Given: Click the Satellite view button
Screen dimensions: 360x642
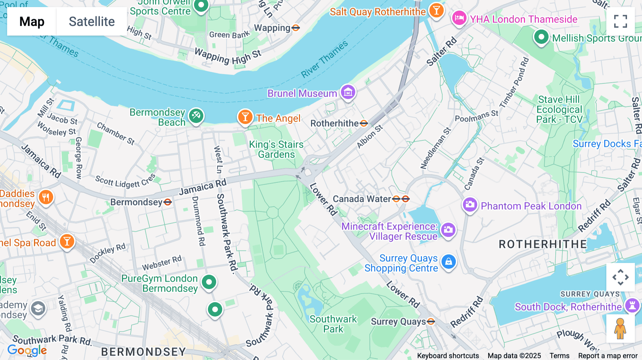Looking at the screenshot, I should [92, 21].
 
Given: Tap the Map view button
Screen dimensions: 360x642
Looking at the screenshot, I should [32, 21].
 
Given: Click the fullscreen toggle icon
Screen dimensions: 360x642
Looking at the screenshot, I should [620, 21].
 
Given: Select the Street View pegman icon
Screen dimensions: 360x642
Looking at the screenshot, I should [620, 328].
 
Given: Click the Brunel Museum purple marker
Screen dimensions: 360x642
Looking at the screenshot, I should [348, 92].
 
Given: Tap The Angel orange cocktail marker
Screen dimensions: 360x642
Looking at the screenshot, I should [245, 117].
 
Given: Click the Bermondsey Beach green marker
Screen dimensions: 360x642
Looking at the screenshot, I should [196, 116].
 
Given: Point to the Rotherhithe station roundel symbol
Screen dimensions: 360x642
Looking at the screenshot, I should [364, 124].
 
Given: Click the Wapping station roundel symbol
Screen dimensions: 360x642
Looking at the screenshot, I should [296, 28].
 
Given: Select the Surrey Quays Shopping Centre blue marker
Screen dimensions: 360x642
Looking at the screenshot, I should [449, 262].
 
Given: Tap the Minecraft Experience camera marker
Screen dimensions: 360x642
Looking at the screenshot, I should [448, 230].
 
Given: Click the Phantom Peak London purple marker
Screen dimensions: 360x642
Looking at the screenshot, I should [470, 205].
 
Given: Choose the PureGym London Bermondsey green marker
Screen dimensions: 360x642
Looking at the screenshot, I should [209, 282].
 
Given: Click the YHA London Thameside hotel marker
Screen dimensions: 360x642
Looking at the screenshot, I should [459, 18].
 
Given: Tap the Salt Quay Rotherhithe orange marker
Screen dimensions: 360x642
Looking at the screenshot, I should [436, 10].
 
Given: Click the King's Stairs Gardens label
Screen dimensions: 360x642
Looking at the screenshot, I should [276, 149].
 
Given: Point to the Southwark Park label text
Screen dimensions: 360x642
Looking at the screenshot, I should [333, 324].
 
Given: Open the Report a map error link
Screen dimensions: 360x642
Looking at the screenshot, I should [608, 356].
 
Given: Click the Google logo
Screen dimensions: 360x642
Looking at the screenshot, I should [27, 350].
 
